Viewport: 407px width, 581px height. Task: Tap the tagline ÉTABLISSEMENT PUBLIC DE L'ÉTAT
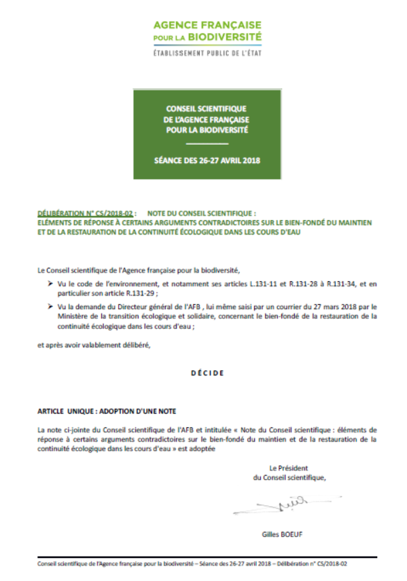point(207,52)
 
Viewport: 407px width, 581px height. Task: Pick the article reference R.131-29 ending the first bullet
point(139,292)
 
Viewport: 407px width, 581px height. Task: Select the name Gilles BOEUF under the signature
point(282,534)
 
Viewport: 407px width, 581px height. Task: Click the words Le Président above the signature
point(289,468)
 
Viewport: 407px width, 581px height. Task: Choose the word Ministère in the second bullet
point(75,317)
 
